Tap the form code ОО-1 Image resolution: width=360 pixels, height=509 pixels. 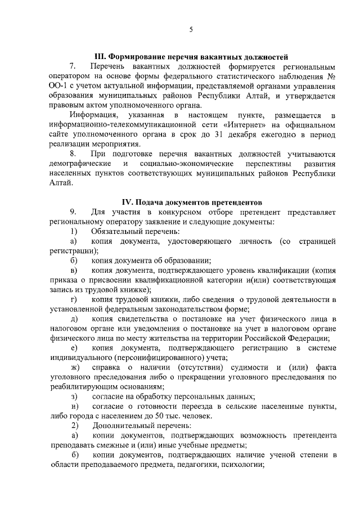(58, 86)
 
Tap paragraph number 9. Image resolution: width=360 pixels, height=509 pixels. (73, 212)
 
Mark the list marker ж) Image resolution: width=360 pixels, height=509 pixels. (74, 367)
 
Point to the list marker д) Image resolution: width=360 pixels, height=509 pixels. (74, 319)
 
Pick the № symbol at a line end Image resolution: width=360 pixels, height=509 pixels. (332, 76)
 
